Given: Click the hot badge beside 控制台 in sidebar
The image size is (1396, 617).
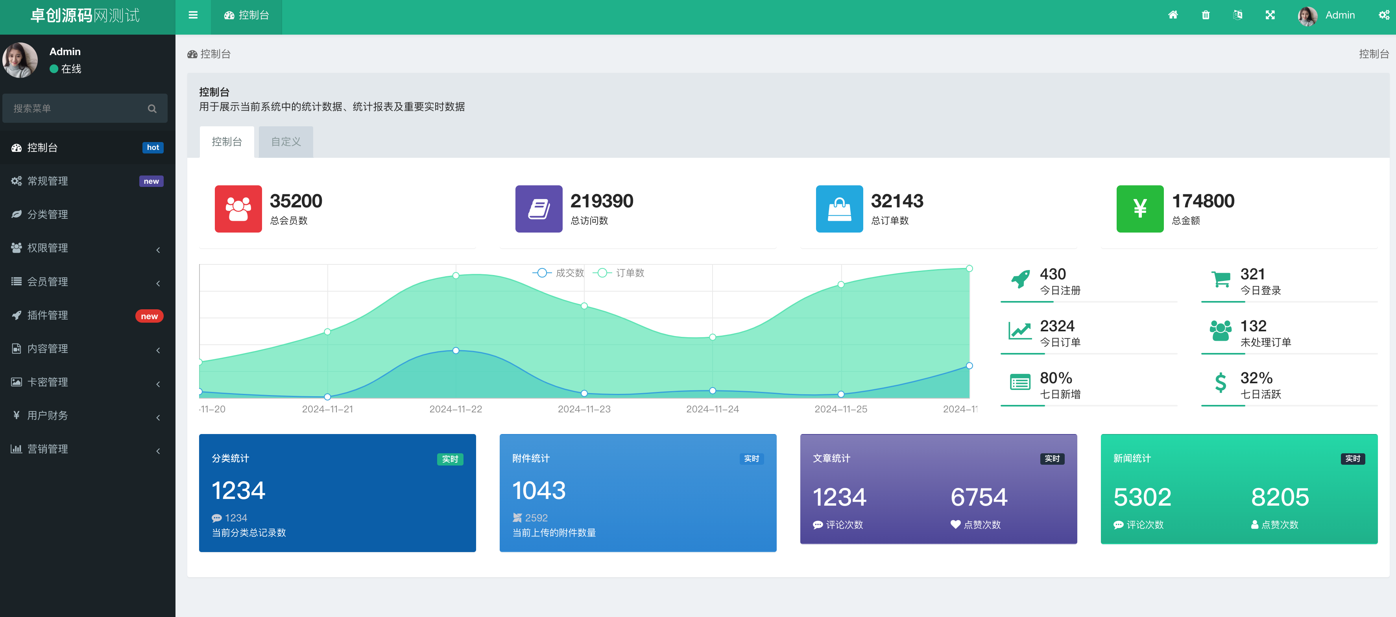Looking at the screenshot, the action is click(x=153, y=148).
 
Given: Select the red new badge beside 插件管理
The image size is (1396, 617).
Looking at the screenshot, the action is click(x=149, y=316).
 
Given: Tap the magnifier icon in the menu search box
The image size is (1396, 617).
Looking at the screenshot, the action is click(x=152, y=109).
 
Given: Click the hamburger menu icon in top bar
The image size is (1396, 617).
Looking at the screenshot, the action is click(x=193, y=15).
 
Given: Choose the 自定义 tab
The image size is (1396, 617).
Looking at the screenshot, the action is click(x=286, y=142).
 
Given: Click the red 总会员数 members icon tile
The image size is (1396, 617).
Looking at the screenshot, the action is click(x=238, y=209).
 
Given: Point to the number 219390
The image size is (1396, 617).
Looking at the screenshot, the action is click(x=602, y=201).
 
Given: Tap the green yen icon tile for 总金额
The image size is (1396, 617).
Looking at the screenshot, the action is click(x=1140, y=209).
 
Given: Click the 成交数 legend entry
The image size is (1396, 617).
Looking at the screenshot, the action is click(x=558, y=273).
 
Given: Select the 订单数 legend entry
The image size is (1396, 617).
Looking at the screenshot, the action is click(x=619, y=273).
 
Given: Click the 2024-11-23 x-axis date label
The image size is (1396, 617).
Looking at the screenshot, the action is click(x=584, y=409).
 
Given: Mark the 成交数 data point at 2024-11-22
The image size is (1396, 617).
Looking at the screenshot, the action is click(x=456, y=351).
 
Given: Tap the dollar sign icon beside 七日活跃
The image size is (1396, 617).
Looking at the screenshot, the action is click(x=1221, y=383).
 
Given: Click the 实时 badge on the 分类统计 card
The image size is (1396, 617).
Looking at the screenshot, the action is click(x=450, y=459).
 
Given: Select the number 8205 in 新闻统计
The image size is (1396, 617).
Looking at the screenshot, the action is click(x=1280, y=497).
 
